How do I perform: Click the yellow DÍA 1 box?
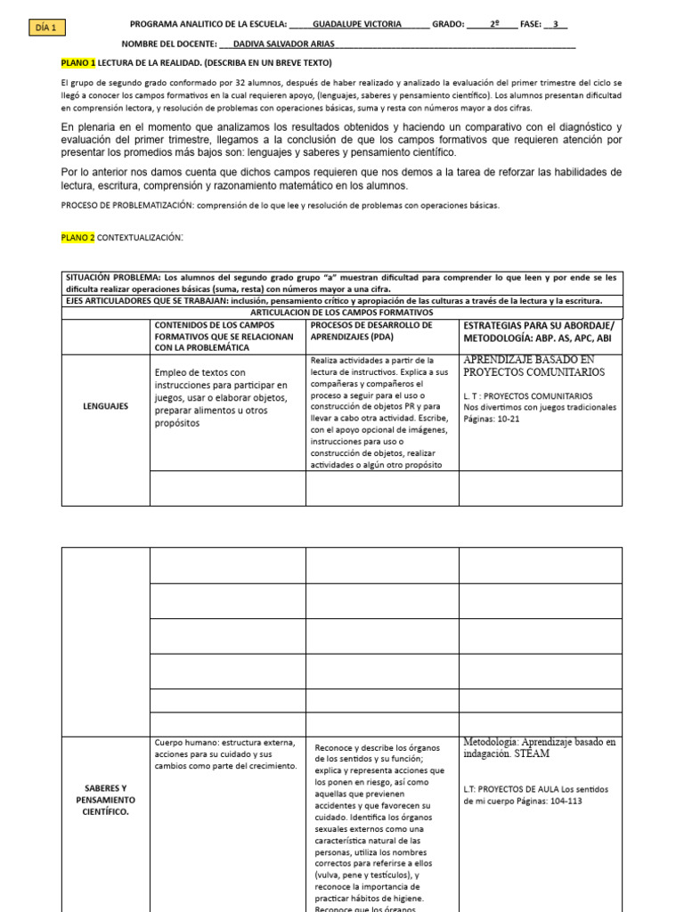(45, 28)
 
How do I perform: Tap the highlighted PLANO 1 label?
(77, 63)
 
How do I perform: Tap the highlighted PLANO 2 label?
(77, 238)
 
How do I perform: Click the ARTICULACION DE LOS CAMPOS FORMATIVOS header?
(342, 313)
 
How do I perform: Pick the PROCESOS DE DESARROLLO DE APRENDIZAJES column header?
(371, 330)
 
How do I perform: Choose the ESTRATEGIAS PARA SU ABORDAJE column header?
(539, 331)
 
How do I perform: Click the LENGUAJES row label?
(106, 406)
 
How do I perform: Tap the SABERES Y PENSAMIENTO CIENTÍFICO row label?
(106, 800)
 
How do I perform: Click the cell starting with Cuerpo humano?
(225, 753)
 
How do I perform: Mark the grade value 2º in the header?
(494, 25)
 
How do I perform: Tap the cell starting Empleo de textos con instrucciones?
(220, 397)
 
